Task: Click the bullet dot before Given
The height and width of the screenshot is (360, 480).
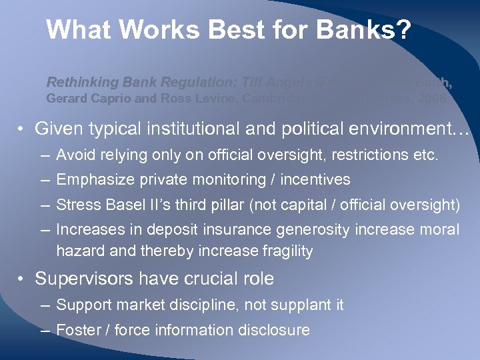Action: (23, 129)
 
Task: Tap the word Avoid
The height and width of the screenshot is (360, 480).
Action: (75, 156)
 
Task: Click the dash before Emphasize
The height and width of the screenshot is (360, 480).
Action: (44, 180)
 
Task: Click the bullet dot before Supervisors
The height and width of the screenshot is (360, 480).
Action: (23, 279)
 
